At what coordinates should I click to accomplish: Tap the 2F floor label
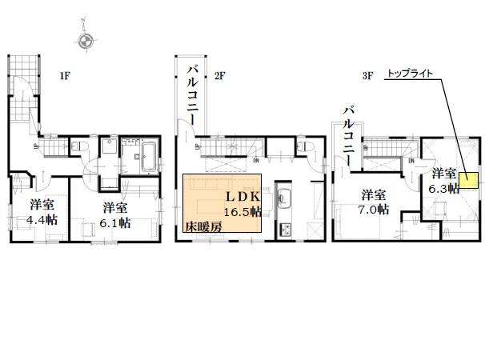coord(220,77)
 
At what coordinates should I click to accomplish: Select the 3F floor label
coord(368,77)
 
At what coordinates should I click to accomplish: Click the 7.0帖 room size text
coord(374,210)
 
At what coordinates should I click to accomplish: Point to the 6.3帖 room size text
coord(443,188)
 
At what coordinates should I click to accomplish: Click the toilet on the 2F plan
coord(303,147)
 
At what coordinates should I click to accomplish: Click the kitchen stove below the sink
coord(285,228)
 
